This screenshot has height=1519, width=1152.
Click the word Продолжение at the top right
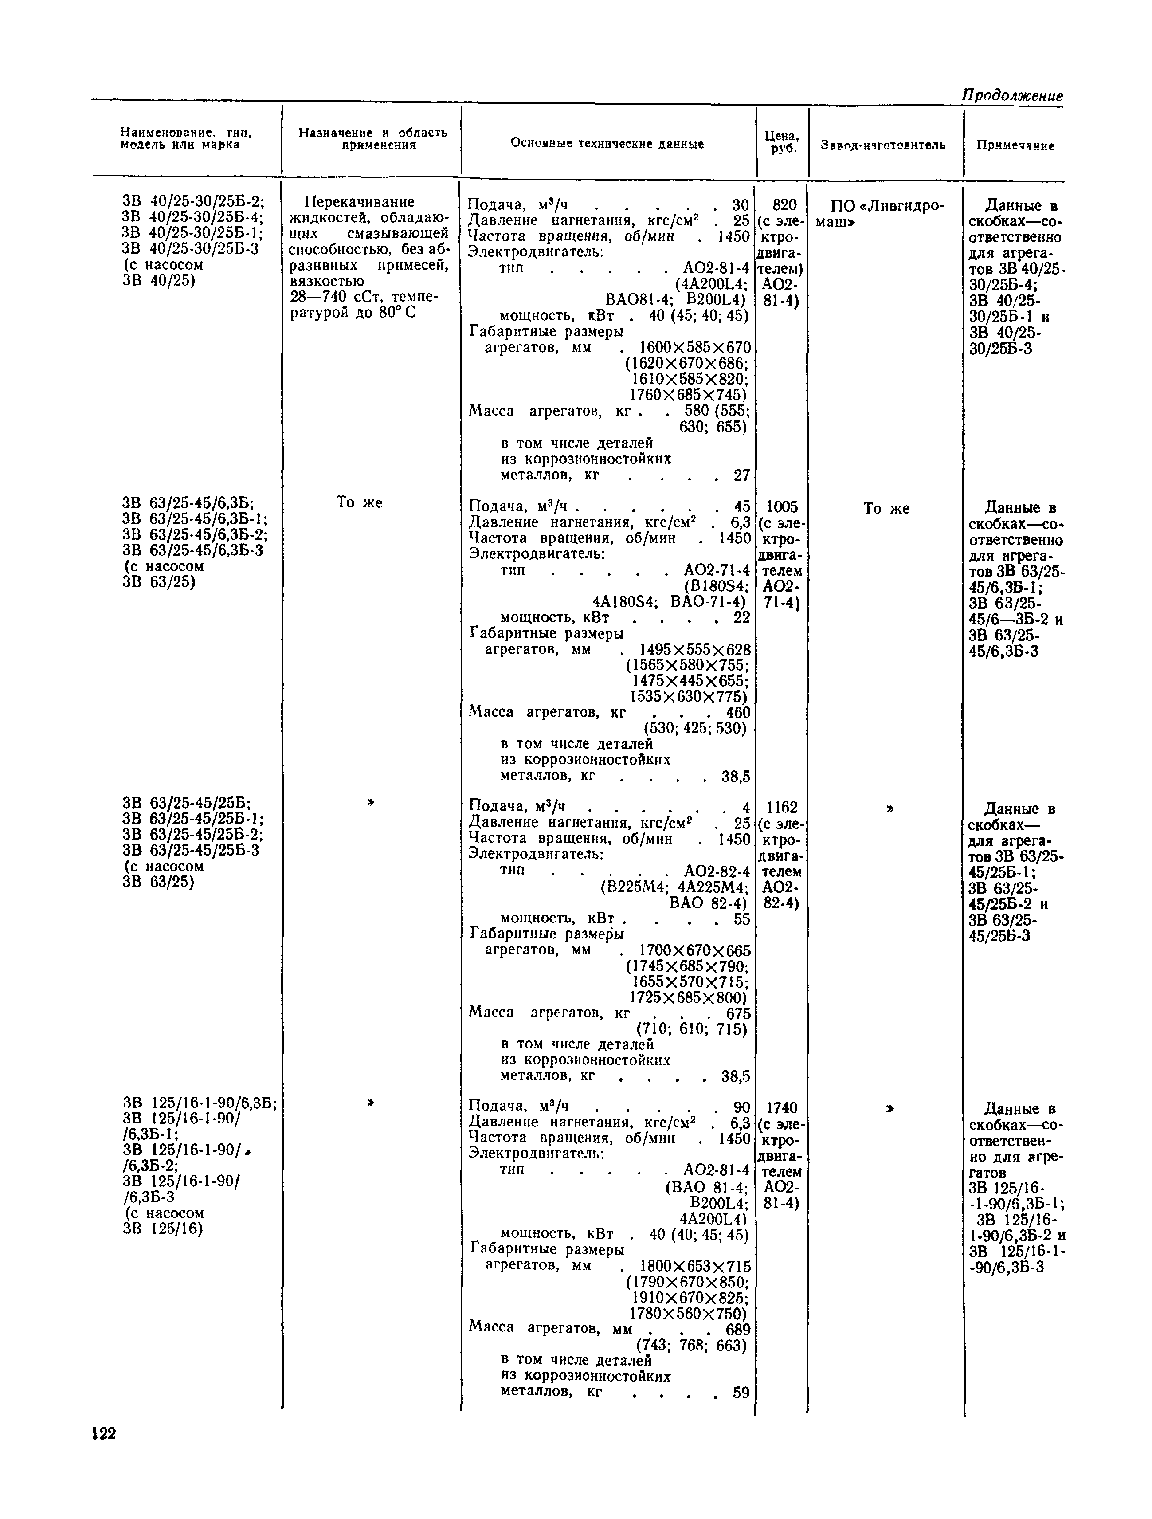point(1011,95)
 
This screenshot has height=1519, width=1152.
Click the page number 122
point(104,1433)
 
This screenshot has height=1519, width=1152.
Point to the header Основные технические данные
point(607,144)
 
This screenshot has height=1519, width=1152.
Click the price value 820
point(784,204)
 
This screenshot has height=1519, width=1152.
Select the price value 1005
point(782,507)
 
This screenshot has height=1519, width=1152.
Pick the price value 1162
point(782,808)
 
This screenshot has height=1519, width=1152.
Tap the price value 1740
point(781,1108)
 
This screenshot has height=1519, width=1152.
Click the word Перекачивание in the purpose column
point(359,202)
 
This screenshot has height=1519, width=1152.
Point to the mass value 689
point(737,1329)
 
